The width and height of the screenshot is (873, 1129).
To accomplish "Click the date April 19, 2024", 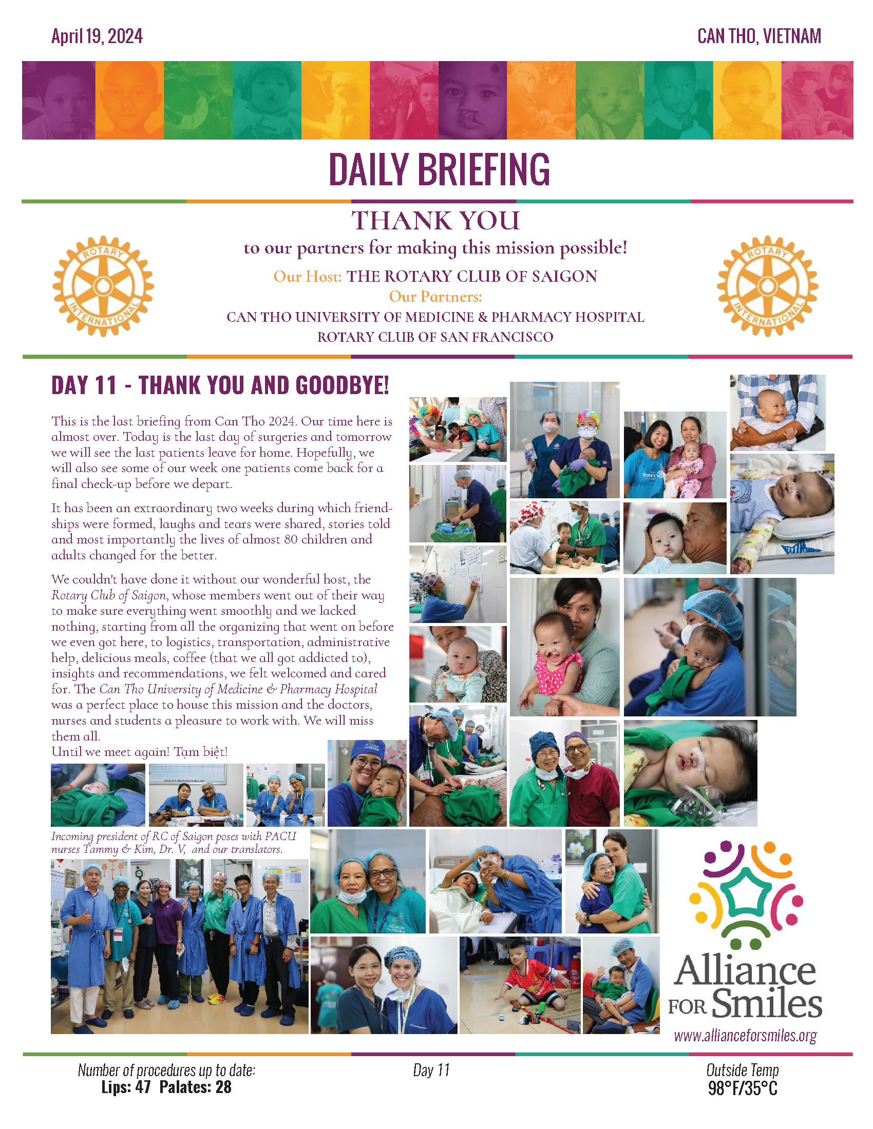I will coord(97,37).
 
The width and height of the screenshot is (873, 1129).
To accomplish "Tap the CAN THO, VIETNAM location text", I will coord(758,37).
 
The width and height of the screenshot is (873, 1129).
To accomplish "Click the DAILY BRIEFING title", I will coord(439,169).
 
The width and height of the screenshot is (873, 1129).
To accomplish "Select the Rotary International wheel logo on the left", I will coord(103,286).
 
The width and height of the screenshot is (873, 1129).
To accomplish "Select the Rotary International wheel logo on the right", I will coord(767,286).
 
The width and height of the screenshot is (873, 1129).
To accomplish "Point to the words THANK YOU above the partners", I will coord(436,221).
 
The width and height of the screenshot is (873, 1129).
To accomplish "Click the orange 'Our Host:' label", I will coord(308,277).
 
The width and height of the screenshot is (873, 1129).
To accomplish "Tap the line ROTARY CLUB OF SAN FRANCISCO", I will coord(435,337).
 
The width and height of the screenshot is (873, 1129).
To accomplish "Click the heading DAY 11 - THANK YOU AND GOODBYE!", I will coord(220,386).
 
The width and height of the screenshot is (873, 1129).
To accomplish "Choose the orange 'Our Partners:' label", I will coord(435,297).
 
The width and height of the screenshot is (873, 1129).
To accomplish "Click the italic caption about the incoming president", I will coord(173,843).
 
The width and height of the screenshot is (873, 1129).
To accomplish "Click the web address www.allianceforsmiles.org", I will coord(745,1036).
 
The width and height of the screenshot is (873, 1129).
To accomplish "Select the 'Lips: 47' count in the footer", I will coord(126,1087).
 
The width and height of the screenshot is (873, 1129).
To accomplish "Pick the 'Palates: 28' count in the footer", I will coord(196,1087).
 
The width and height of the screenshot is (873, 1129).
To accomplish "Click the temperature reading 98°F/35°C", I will coord(742,1088).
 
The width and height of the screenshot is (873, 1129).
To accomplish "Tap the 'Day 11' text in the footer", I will coord(431,1070).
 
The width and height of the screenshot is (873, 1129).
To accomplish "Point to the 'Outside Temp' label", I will coord(742,1070).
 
